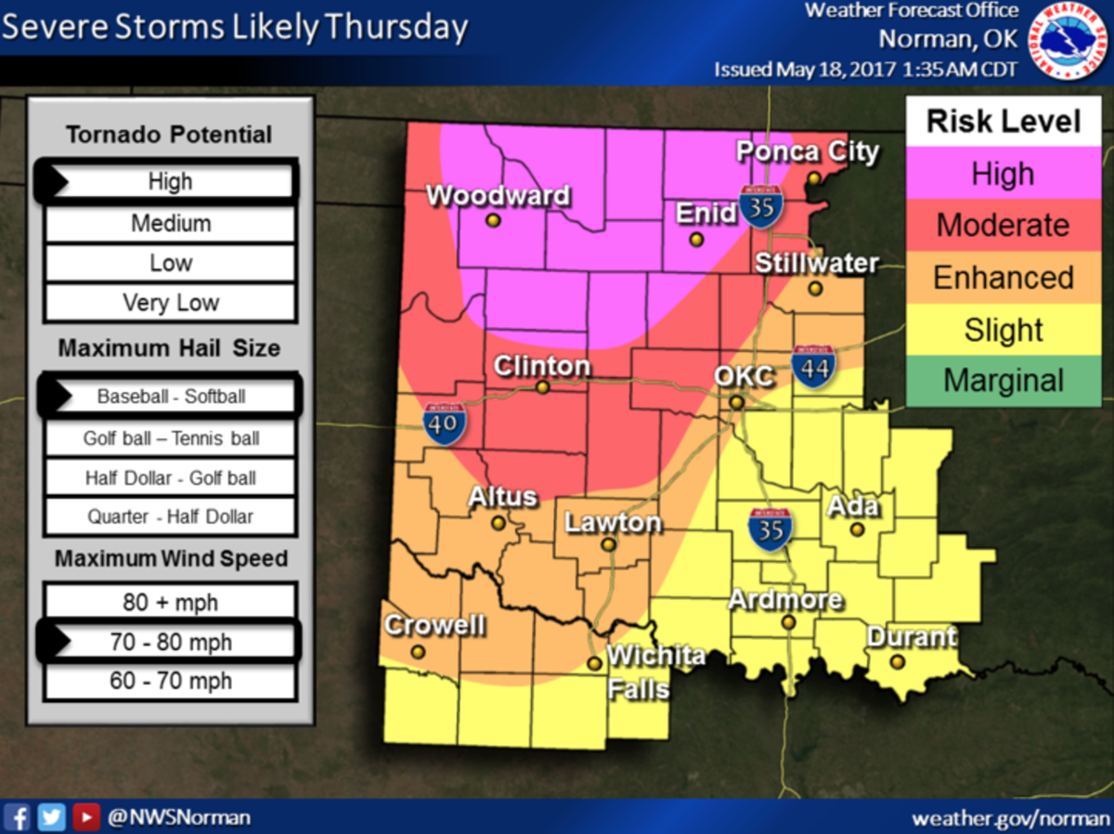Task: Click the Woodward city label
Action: (498, 196)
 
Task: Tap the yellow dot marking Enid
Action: (696, 239)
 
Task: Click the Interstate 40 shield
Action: (439, 424)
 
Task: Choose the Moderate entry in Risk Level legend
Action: (1003, 225)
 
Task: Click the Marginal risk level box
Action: (1003, 381)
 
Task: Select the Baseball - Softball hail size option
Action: (171, 397)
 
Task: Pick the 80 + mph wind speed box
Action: (171, 603)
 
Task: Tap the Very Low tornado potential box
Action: (171, 303)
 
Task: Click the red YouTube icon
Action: (85, 816)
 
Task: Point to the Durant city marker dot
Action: (897, 661)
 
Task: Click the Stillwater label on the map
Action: (816, 264)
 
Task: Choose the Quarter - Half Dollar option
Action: (171, 516)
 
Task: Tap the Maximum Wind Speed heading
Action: (171, 559)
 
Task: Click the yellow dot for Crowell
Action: (418, 652)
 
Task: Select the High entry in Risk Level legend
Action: (1003, 174)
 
